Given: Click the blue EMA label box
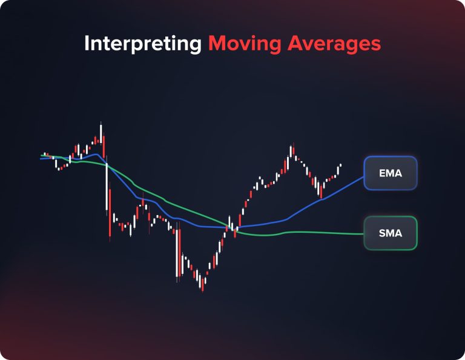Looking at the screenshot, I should (391, 173).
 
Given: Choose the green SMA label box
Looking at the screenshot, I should (391, 233).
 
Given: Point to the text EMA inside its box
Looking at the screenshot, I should (391, 173).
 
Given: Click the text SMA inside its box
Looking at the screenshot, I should (391, 233).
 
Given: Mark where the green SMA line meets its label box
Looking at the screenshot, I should (364, 233).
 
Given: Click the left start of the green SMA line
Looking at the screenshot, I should (41, 156).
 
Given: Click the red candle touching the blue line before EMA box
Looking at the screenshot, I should (321, 190).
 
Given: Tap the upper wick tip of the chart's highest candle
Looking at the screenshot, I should (101, 124).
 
